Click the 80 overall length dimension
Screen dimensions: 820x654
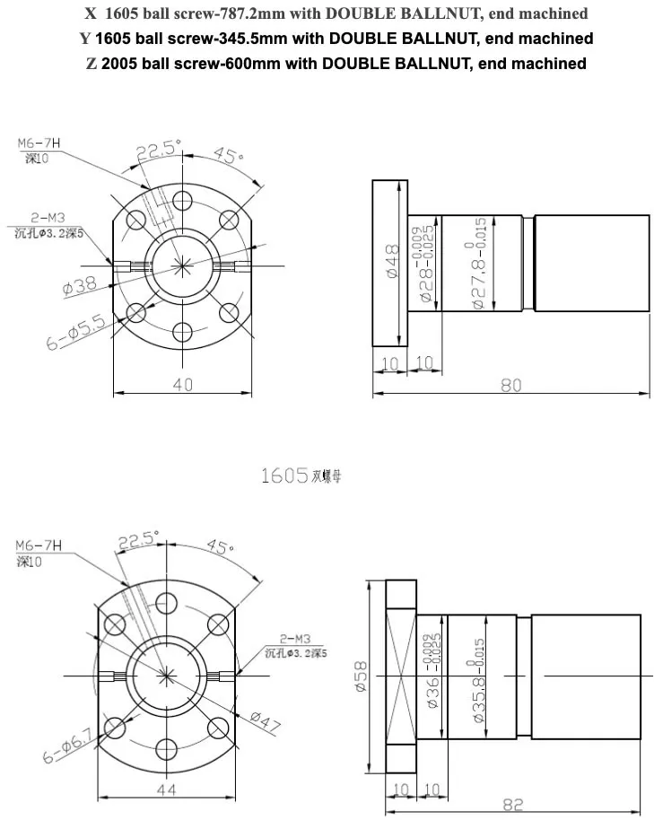[x=510, y=385]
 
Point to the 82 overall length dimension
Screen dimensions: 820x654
[x=512, y=805]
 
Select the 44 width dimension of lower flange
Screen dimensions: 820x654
[x=167, y=789]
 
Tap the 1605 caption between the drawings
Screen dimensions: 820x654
[x=284, y=475]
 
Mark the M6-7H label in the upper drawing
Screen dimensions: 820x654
[x=39, y=143]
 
